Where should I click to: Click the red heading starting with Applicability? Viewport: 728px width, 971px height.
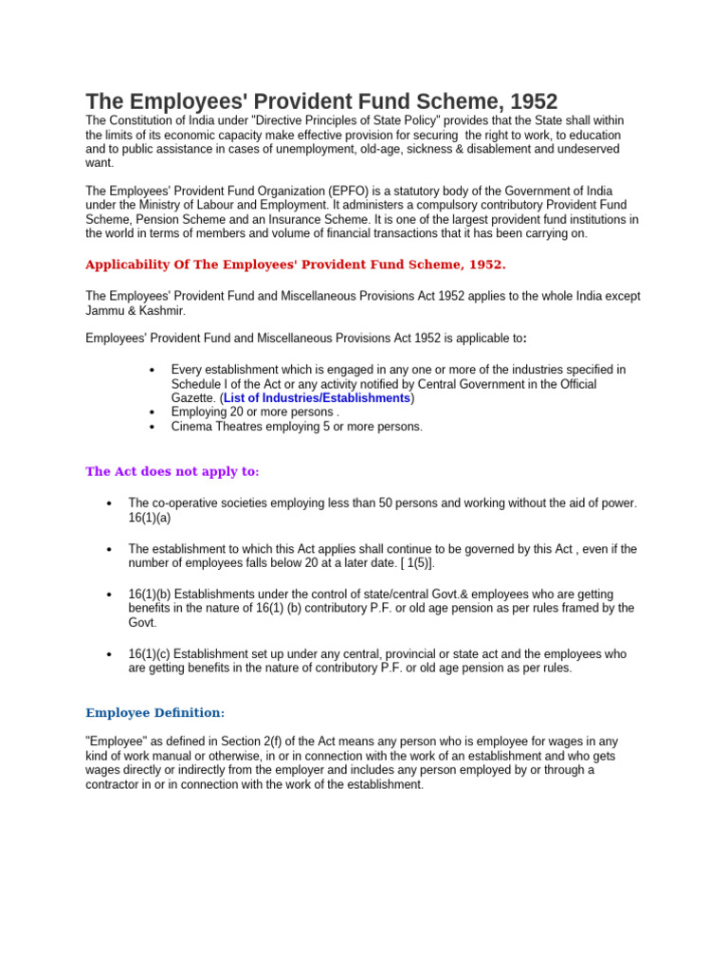301,264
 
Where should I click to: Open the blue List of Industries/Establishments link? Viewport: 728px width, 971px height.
317,398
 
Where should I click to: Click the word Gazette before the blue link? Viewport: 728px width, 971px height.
193,398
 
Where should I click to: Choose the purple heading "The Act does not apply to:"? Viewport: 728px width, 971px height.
172,471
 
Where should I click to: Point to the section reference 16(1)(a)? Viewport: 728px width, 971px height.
149,518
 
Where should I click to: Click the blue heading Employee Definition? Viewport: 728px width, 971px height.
154,712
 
